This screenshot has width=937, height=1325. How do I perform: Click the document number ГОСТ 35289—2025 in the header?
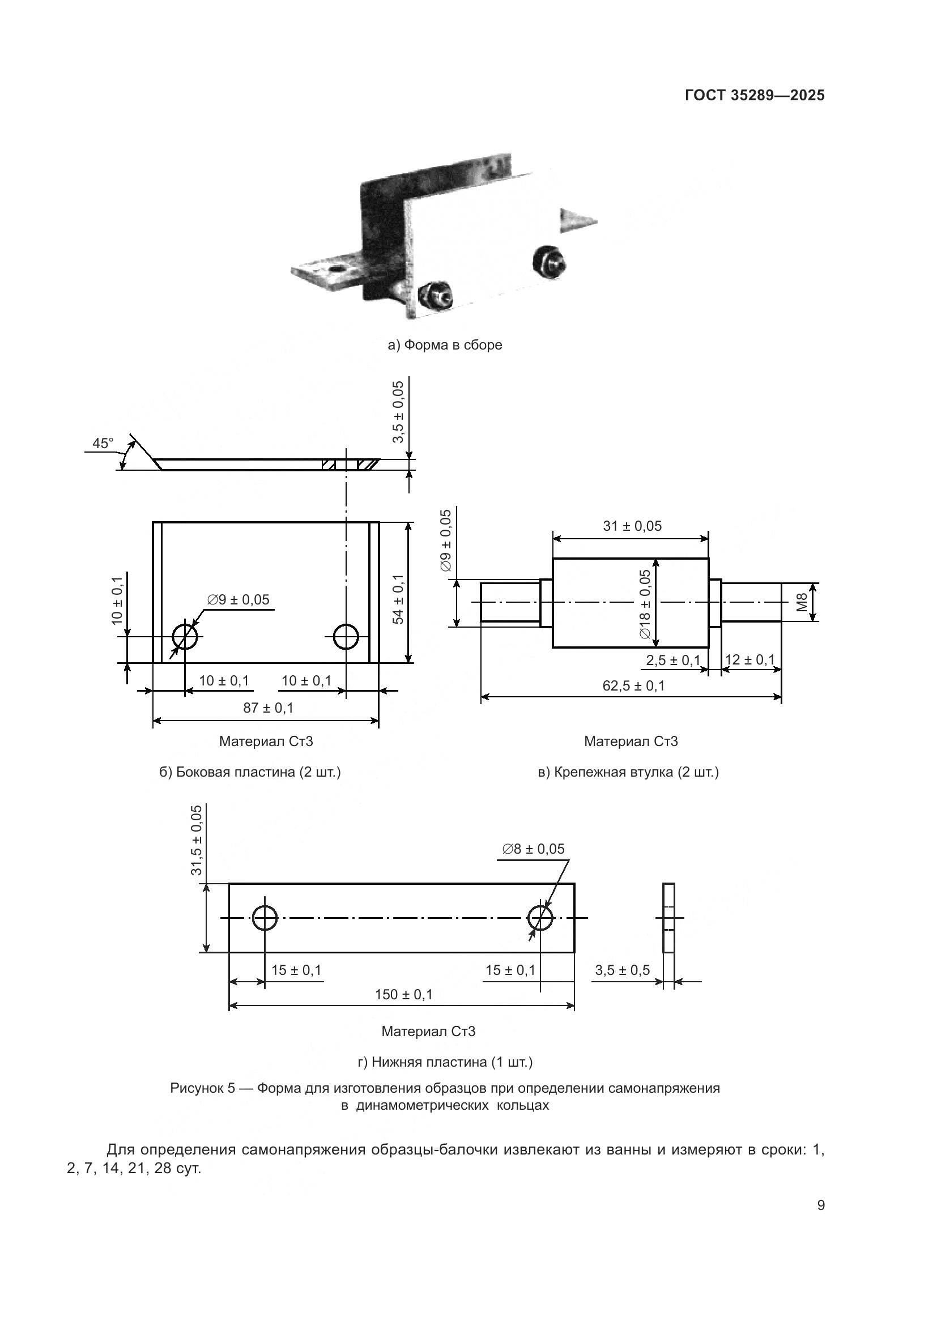(755, 96)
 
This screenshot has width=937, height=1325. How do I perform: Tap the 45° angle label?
(103, 443)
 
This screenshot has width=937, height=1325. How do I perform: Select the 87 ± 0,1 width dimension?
(268, 708)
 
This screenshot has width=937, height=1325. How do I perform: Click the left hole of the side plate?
(185, 637)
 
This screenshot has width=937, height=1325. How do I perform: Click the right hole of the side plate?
(346, 637)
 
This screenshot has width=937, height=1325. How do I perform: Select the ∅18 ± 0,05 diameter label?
(645, 604)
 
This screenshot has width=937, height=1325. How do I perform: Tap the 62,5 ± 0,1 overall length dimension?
(633, 685)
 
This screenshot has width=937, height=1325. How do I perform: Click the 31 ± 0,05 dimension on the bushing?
(632, 526)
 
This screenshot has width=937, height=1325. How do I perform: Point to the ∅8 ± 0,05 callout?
(533, 849)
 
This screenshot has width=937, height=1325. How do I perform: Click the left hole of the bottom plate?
(265, 918)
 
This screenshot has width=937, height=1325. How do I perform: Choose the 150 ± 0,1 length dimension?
(403, 994)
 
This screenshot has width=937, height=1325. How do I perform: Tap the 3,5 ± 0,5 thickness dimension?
(622, 970)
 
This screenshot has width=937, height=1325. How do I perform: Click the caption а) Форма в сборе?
(445, 345)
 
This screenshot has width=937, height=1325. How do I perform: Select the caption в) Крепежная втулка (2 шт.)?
(628, 772)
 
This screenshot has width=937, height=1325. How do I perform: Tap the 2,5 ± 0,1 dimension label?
(673, 660)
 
